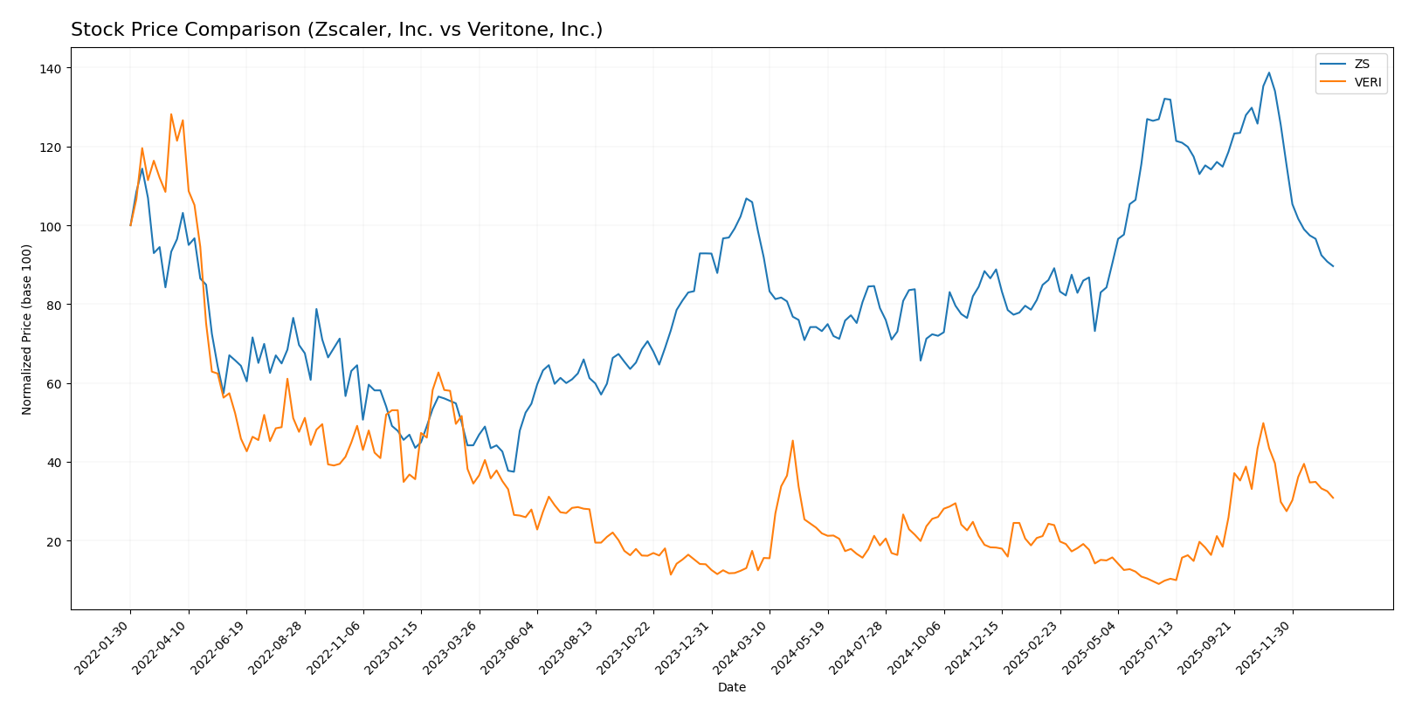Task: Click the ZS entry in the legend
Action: coord(1362,65)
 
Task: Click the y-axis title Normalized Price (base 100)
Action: coord(27,329)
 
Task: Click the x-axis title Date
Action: coord(731,688)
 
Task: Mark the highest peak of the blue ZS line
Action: coord(1268,72)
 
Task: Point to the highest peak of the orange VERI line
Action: coord(171,114)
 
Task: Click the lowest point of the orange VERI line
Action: coord(1158,583)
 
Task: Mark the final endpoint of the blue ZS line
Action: coord(1333,266)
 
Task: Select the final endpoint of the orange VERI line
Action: coord(1333,498)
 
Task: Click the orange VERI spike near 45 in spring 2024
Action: coord(792,441)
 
